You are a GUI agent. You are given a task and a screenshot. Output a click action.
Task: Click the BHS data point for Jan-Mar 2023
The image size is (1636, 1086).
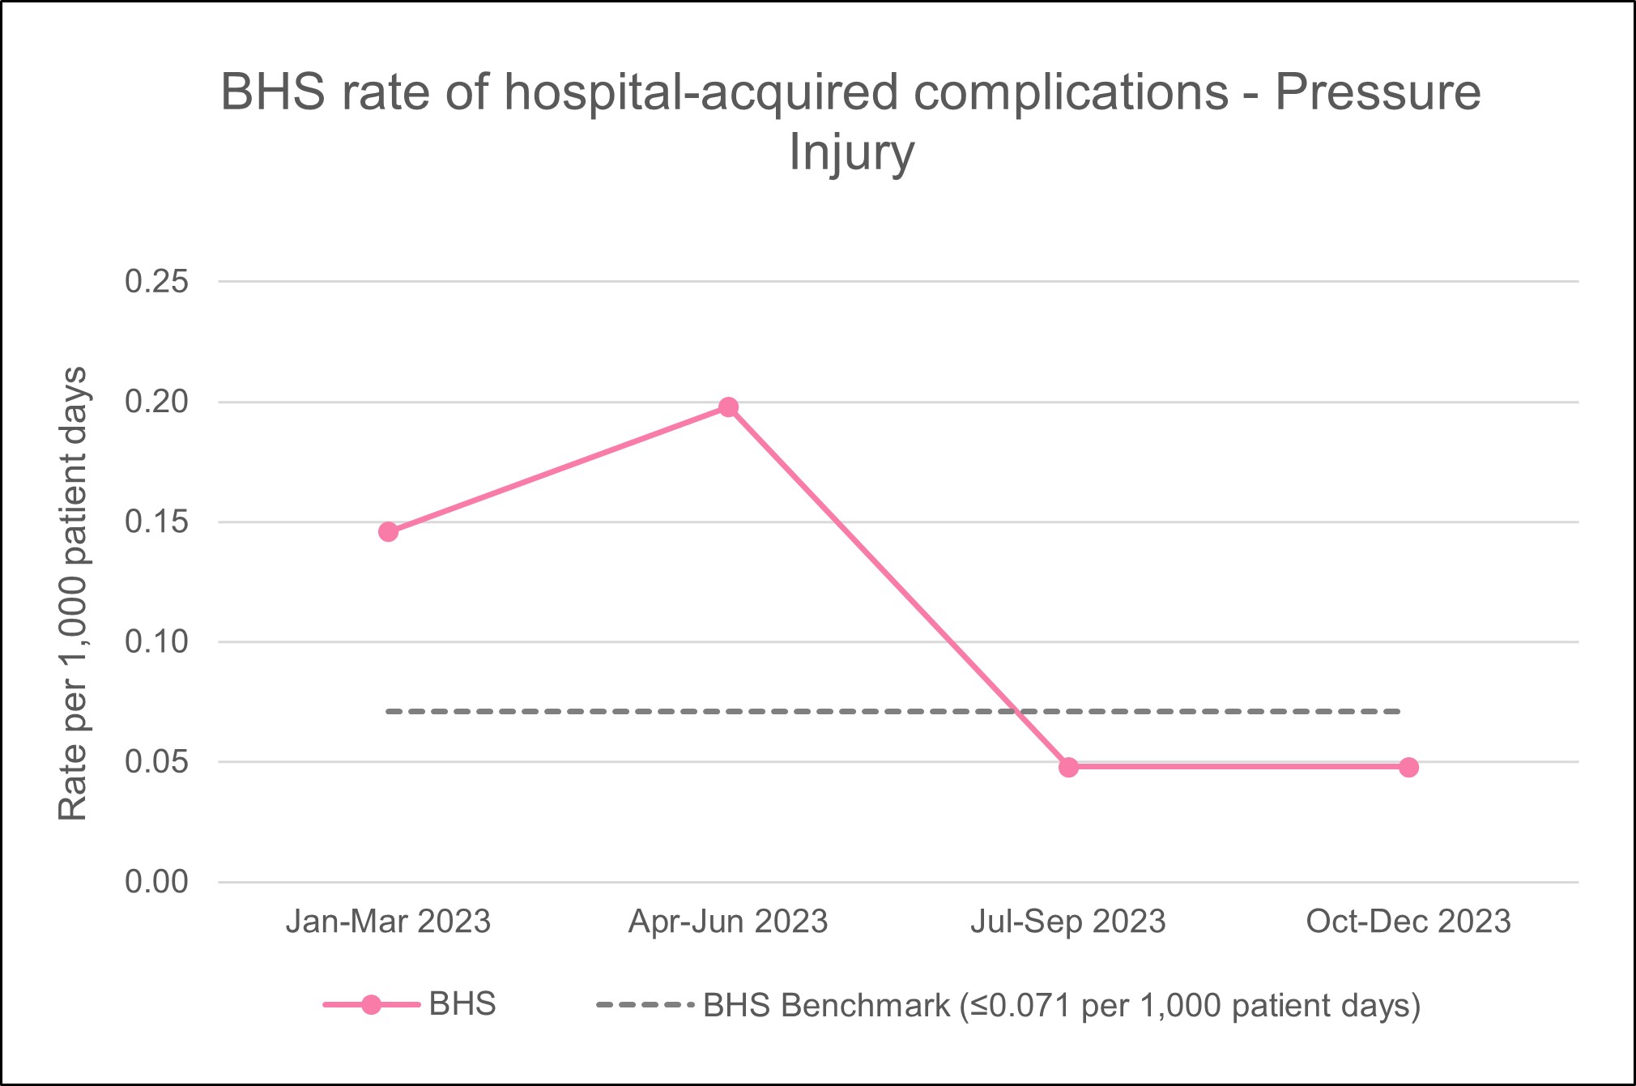[388, 532]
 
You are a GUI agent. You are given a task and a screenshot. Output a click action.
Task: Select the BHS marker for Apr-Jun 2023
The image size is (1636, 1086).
[728, 407]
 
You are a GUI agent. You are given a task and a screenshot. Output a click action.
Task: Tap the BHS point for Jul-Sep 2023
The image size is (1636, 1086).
[1068, 767]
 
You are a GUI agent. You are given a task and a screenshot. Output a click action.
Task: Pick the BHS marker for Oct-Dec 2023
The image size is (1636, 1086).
[1408, 767]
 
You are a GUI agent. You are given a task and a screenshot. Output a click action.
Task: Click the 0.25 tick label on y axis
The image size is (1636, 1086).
[156, 282]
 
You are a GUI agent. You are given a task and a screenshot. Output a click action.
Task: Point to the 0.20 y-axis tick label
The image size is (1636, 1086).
[156, 402]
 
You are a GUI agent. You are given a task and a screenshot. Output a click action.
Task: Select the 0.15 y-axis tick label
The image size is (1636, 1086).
[156, 522]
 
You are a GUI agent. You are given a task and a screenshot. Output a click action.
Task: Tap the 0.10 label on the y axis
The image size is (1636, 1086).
[156, 641]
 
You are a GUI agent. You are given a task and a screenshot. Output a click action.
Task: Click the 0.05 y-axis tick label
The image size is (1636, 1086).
[156, 761]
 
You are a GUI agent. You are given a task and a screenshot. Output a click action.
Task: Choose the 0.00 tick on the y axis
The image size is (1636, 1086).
[156, 881]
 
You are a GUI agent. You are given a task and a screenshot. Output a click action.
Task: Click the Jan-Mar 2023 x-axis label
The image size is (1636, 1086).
[388, 922]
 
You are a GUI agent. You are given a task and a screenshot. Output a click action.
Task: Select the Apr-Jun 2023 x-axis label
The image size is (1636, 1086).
[728, 922]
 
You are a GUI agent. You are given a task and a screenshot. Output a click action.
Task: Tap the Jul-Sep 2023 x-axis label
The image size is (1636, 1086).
[1068, 922]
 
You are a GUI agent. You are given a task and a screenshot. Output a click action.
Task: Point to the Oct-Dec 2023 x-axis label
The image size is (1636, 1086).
[1408, 922]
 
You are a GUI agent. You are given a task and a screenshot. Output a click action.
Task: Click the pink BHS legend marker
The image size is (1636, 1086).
[371, 1005]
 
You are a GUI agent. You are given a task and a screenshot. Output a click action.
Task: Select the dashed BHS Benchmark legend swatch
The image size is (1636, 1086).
[644, 1005]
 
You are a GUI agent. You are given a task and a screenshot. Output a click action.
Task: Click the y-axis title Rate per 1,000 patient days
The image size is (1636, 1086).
[73, 594]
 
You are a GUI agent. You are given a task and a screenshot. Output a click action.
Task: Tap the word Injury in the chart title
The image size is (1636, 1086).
[851, 154]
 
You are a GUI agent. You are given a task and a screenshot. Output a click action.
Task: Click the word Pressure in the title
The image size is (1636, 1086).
[1378, 92]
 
